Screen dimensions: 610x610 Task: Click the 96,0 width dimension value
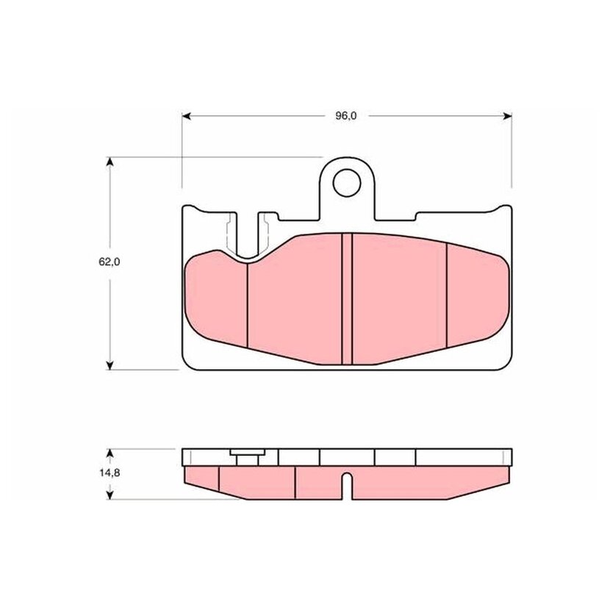[346, 116]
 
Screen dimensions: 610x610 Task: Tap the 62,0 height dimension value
[110, 262]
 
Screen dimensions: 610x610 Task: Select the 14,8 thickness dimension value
[110, 473]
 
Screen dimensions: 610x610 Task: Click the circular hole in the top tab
[347, 183]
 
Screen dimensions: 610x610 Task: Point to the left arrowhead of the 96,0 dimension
[187, 116]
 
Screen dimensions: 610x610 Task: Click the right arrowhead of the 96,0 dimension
[507, 116]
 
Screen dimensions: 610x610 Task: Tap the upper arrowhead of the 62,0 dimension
[110, 162]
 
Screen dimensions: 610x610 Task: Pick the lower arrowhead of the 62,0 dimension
[110, 365]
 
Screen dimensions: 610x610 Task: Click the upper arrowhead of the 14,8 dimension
[110, 453]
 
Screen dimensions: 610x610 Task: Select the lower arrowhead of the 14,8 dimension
[110, 495]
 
